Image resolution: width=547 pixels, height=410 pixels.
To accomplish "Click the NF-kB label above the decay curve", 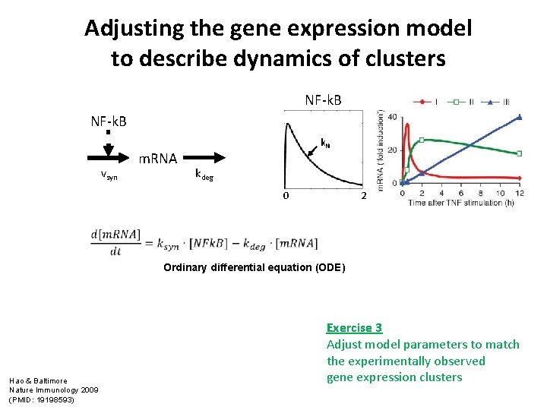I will pyautogui.click(x=323, y=100).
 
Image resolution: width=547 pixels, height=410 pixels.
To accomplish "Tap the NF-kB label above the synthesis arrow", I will pyautogui.click(x=109, y=121).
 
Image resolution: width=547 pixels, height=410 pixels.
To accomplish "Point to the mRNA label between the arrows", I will pyautogui.click(x=157, y=159).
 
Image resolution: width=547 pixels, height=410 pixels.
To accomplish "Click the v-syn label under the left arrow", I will pyautogui.click(x=109, y=174).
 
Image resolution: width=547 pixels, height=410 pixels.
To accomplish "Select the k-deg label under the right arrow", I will pyautogui.click(x=204, y=175).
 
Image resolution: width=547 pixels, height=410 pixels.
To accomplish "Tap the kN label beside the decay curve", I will pyautogui.click(x=324, y=142).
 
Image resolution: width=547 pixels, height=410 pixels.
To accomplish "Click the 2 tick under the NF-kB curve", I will pyautogui.click(x=363, y=196).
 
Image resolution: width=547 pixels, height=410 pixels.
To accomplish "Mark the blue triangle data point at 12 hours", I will pyautogui.click(x=520, y=117).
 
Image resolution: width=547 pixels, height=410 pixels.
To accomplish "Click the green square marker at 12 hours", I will pyautogui.click(x=520, y=153).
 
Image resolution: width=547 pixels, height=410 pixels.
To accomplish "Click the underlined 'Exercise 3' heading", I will pyautogui.click(x=354, y=328).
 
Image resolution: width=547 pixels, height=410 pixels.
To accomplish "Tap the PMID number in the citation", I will pyautogui.click(x=56, y=399).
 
